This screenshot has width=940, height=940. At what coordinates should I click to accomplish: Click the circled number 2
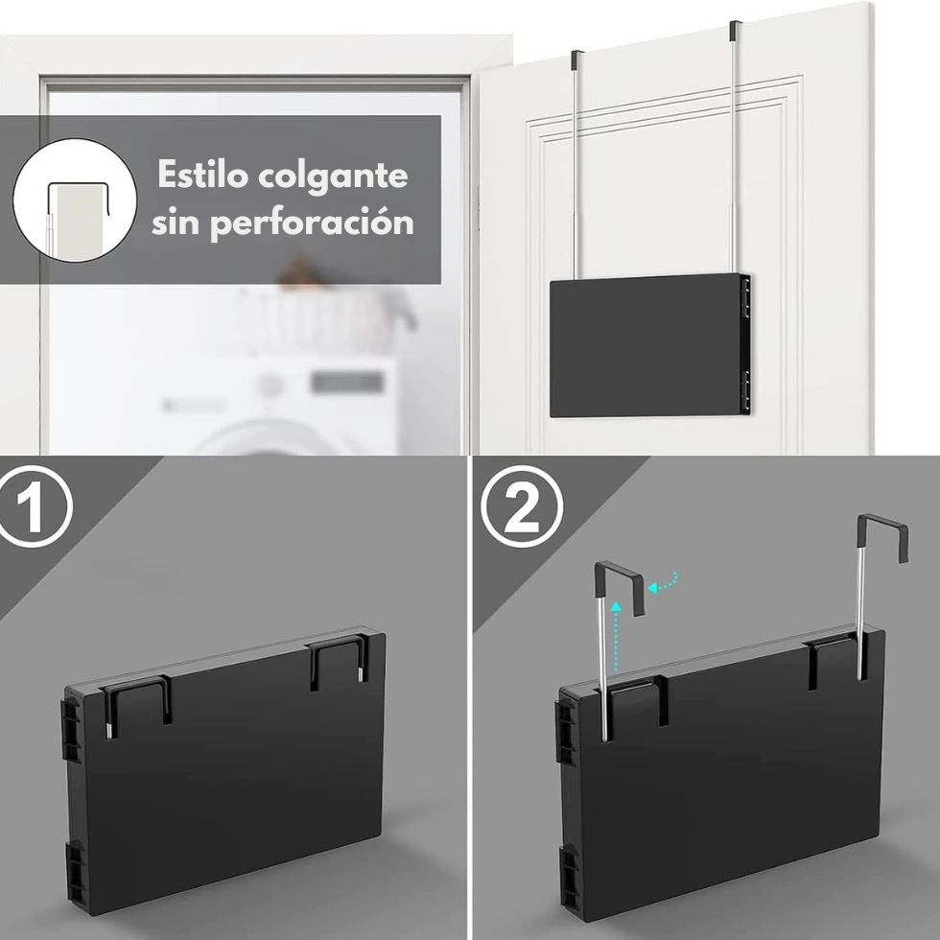tap(522, 506)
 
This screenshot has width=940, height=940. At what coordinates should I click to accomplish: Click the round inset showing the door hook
tap(75, 200)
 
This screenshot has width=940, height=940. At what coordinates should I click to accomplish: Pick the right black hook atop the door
tap(735, 30)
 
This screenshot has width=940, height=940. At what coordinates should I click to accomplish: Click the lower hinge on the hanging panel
tap(746, 389)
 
